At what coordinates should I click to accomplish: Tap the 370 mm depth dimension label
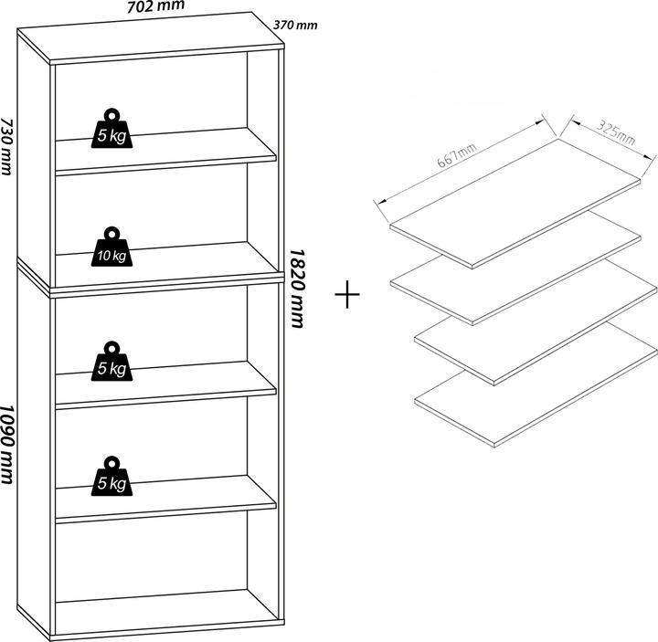click(x=295, y=25)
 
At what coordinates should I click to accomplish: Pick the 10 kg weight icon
click(x=112, y=247)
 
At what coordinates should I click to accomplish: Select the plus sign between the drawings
click(x=348, y=297)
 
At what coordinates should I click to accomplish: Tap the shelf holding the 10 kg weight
click(x=164, y=265)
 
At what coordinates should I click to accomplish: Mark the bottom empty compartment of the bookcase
click(x=151, y=557)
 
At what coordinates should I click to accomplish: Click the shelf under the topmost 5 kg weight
click(x=164, y=151)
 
